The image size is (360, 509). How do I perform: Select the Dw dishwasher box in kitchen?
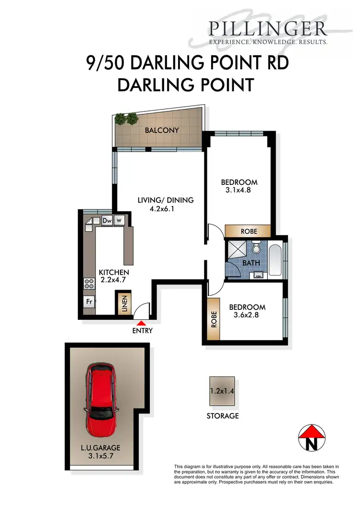pyautogui.click(x=107, y=220)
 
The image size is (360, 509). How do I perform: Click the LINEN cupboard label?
pyautogui.click(x=124, y=303)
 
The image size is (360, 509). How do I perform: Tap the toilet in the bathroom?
pyautogui.click(x=256, y=248)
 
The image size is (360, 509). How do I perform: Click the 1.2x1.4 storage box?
pyautogui.click(x=222, y=391)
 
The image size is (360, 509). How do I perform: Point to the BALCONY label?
pyautogui.click(x=162, y=130)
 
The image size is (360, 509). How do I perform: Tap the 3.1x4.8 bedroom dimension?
pyautogui.click(x=239, y=190)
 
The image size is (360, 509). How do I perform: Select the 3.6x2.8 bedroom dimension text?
pyautogui.click(x=247, y=315)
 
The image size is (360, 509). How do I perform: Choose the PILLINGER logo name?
pyautogui.click(x=268, y=29)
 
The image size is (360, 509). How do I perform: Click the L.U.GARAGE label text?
pyautogui.click(x=100, y=448)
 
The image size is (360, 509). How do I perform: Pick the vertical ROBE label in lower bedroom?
pyautogui.click(x=214, y=319)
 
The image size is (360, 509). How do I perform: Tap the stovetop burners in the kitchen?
pyautogui.click(x=89, y=283)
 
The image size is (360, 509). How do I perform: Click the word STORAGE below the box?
pyautogui.click(x=223, y=416)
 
